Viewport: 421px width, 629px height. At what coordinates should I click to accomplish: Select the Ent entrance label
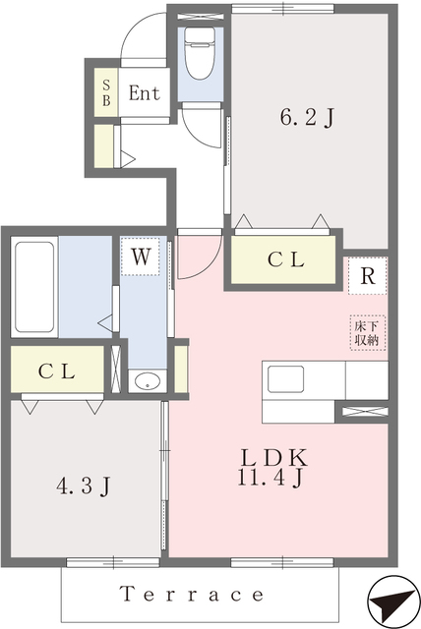pos(144,94)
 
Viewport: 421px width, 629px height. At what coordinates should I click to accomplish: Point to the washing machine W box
pos(142,259)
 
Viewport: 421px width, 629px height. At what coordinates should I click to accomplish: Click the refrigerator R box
pos(367,276)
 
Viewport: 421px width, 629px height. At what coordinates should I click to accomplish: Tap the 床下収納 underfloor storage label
pos(367,331)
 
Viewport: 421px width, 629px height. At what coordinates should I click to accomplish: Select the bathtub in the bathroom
pos(34,286)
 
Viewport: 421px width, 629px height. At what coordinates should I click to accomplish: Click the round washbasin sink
pos(147,381)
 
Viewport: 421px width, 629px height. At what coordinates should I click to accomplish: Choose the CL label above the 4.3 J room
pos(56,371)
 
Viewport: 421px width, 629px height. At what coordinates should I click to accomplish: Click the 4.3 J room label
pos(82,486)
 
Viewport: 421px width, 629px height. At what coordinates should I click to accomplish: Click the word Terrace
pos(192,595)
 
